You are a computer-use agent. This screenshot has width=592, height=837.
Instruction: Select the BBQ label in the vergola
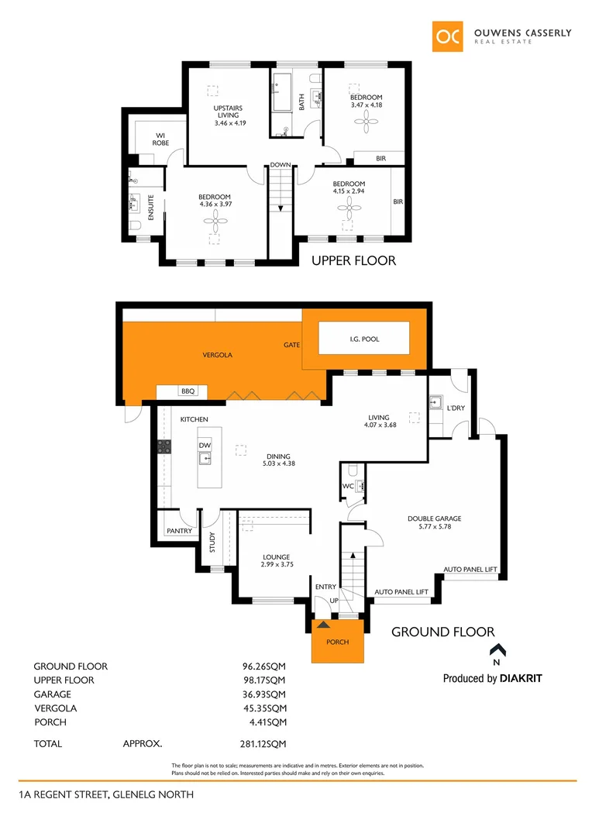click(188, 392)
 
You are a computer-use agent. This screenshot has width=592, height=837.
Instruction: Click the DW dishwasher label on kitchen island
click(205, 446)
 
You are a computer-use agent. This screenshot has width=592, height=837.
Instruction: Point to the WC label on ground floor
click(348, 487)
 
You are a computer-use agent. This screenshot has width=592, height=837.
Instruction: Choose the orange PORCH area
click(337, 642)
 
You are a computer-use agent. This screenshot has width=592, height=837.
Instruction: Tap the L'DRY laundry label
click(455, 408)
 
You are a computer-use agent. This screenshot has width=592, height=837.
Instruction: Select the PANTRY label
click(178, 531)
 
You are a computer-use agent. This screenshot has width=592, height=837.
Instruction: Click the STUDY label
click(212, 540)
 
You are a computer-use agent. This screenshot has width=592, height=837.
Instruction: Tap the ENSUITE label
click(151, 207)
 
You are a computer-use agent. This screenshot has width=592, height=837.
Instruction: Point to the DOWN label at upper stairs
click(281, 165)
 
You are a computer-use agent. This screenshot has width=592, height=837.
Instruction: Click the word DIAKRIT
click(521, 678)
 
